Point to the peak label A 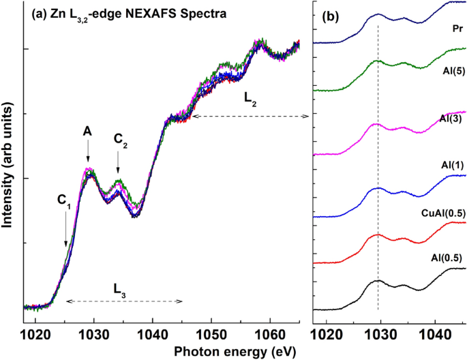click(x=87, y=130)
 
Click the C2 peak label click(x=120, y=141)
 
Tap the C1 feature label click(x=64, y=200)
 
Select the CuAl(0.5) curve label click(x=442, y=213)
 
